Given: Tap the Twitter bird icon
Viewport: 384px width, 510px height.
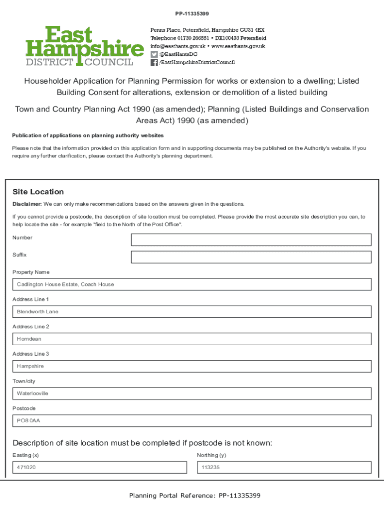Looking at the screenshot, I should point(154,54).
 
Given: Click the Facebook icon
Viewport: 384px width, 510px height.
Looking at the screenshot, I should point(154,62).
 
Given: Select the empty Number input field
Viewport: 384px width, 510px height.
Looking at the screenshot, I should point(251,240).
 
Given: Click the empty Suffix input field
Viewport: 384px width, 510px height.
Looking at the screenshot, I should point(251,257).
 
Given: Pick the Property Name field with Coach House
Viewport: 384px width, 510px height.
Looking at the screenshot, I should point(192,284).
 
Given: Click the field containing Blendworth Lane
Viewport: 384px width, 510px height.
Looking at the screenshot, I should point(192,312).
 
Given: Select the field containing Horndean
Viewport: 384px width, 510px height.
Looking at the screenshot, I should point(192,339).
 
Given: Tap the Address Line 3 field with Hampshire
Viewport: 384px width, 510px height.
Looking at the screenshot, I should point(192,366).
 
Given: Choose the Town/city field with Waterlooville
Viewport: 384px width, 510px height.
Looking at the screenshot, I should point(192,393).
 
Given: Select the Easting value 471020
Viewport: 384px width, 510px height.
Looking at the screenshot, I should point(26,468).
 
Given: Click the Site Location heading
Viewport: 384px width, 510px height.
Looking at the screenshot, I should point(38,192).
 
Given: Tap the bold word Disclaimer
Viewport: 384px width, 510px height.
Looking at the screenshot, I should point(27,204).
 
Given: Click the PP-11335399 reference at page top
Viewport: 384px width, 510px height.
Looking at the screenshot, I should point(192,13).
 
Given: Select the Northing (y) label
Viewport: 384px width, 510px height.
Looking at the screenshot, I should point(211,455).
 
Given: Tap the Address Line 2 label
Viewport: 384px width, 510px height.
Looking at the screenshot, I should point(31,327).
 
